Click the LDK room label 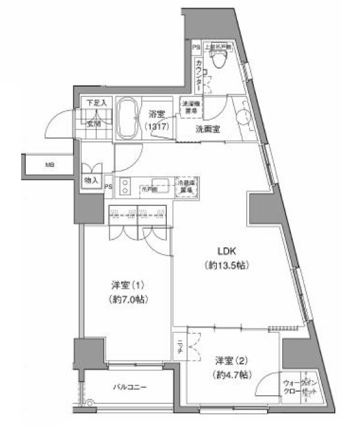[x=227, y=251]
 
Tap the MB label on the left [x=50, y=166]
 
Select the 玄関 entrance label [x=92, y=123]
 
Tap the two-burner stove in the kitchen [x=126, y=185]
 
